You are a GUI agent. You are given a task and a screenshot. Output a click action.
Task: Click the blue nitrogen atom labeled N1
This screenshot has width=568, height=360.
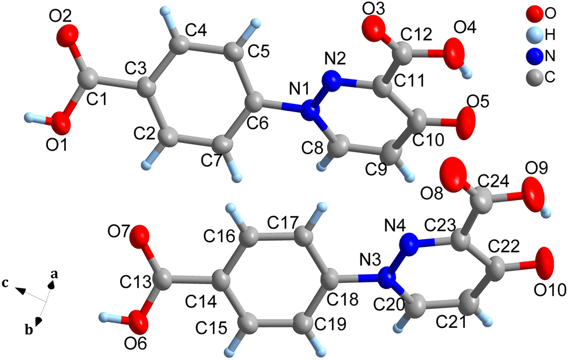[311, 111]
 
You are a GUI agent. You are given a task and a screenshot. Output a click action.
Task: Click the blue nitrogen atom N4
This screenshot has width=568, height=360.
[410, 242]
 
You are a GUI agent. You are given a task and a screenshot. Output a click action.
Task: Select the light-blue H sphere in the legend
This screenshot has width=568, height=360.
[535, 35]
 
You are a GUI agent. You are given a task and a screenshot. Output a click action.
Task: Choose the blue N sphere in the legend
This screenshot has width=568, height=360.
[535, 56]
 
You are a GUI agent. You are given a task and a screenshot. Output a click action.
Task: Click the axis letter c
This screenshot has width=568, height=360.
[5, 283]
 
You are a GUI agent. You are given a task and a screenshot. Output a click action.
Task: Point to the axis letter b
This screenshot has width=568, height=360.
[29, 330]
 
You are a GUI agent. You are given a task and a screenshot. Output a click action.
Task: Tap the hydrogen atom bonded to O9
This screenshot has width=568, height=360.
[546, 211]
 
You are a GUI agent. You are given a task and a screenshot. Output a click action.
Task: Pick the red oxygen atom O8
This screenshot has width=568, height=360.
[453, 174]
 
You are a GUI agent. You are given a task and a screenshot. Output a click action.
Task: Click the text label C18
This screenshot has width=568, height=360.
[342, 299]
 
